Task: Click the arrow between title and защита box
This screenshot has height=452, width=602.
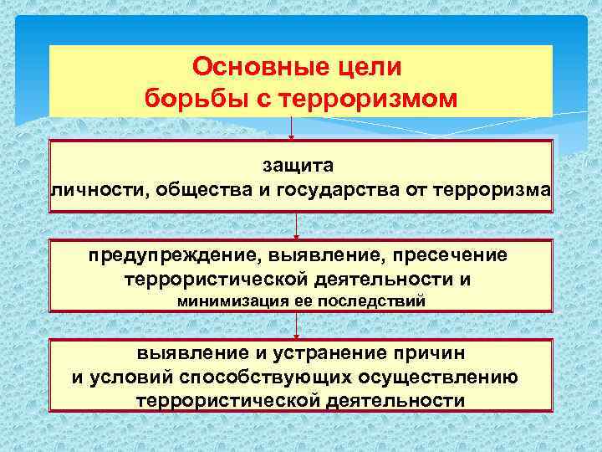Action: pyautogui.click(x=291, y=128)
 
